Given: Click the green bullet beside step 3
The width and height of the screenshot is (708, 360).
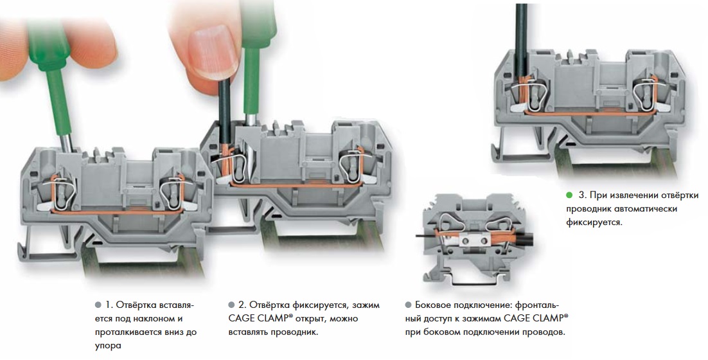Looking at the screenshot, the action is [x=569, y=195].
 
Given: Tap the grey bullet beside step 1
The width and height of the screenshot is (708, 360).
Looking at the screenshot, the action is [x=98, y=305].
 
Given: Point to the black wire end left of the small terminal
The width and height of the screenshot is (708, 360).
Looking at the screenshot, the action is [x=425, y=235].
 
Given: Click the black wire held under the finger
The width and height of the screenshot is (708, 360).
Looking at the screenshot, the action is [x=226, y=118].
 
